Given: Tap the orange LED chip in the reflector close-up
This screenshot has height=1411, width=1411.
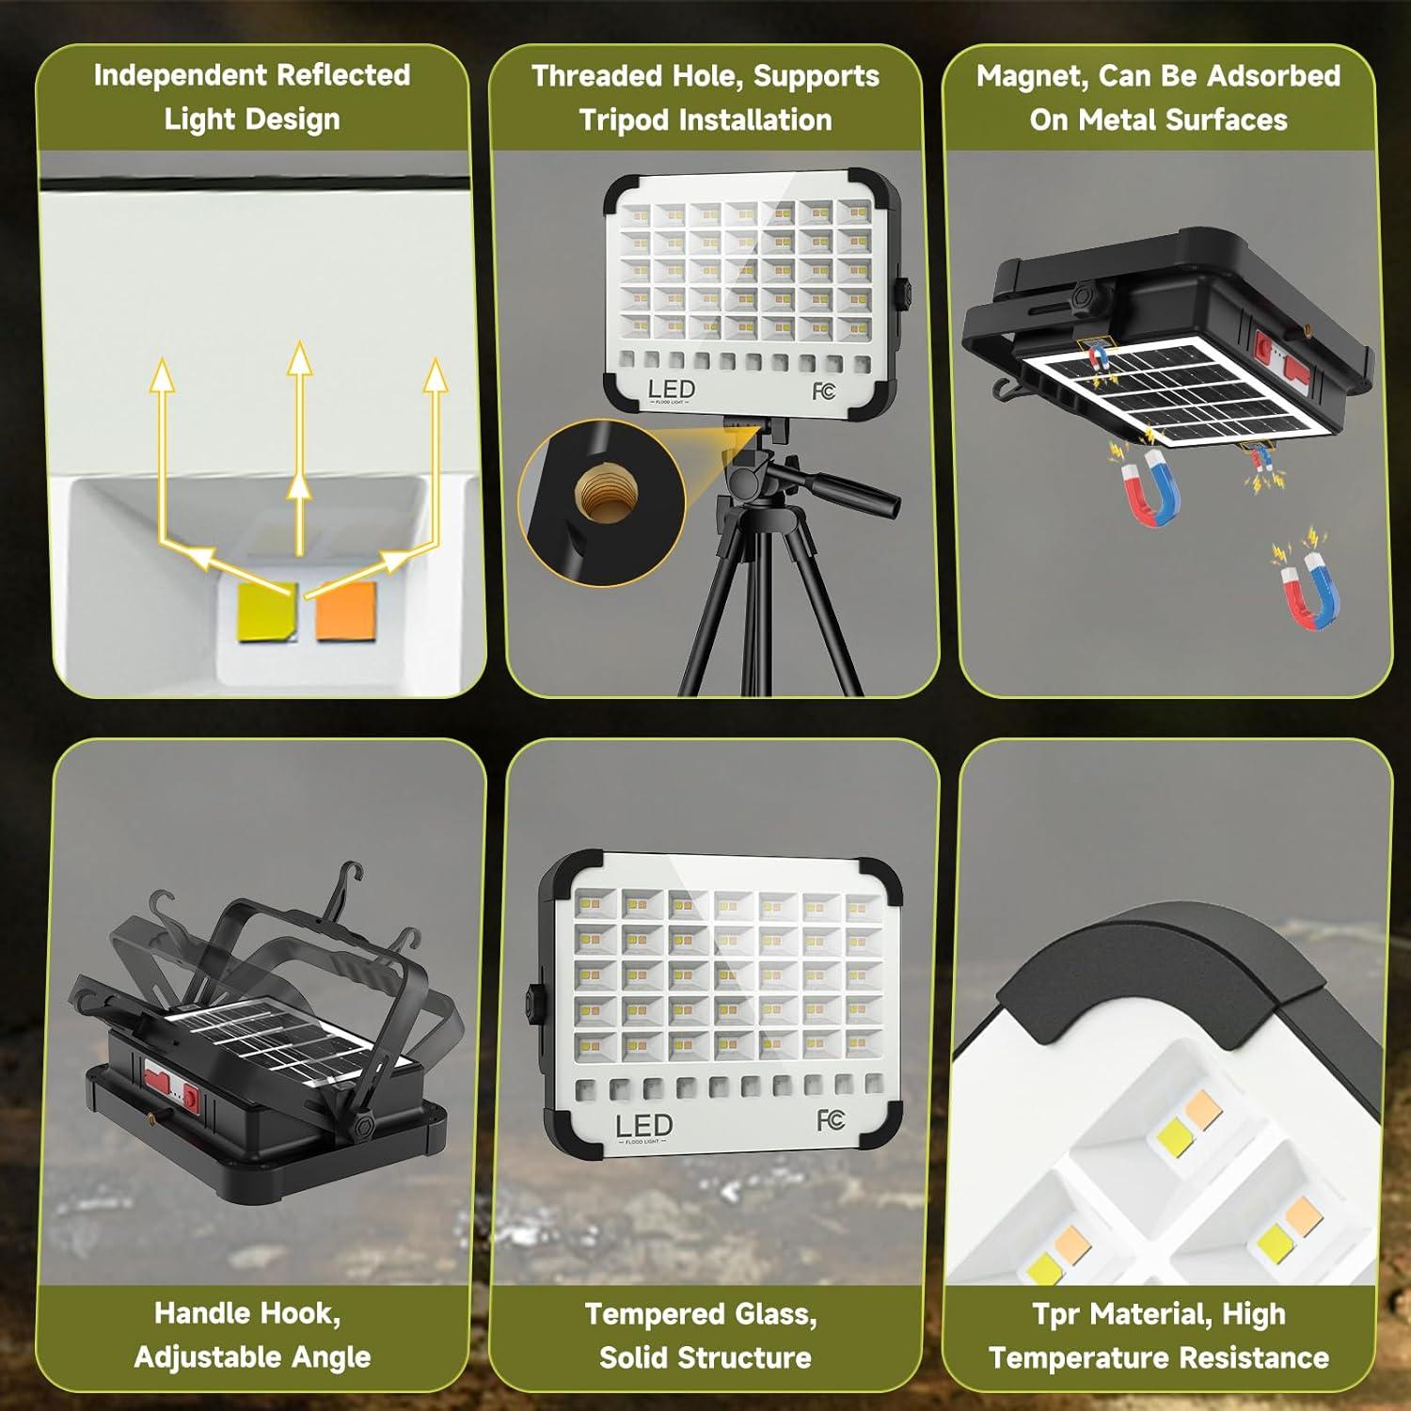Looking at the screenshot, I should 345,610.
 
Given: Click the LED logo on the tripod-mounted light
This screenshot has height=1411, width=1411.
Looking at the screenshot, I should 671,389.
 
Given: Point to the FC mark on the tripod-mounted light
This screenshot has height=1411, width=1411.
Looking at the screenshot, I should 823,390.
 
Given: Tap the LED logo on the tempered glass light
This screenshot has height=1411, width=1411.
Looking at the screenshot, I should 643,1126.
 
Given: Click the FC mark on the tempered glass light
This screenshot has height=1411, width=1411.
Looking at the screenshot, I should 831,1119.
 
